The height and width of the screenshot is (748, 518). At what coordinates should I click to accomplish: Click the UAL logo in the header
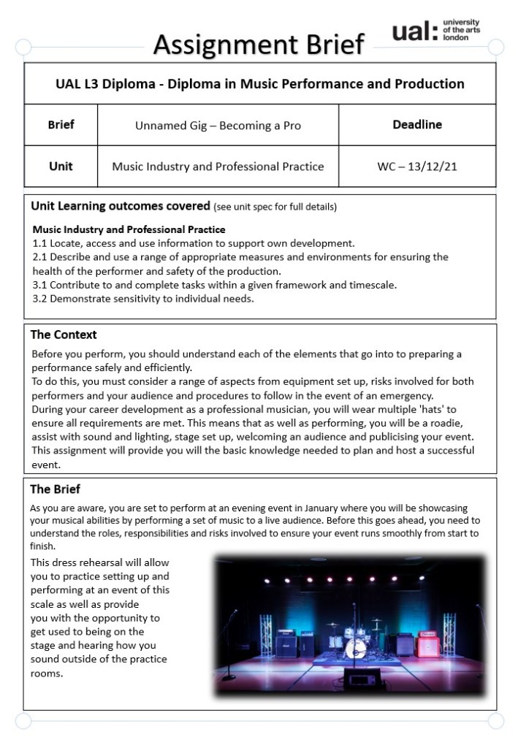(x=435, y=31)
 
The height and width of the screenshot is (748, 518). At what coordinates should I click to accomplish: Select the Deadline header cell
(x=417, y=125)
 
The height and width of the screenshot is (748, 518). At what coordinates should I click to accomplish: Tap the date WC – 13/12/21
(x=417, y=167)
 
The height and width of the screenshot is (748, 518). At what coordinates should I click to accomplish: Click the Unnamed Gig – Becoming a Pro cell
(x=218, y=126)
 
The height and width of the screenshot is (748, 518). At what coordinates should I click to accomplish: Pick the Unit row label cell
(x=61, y=167)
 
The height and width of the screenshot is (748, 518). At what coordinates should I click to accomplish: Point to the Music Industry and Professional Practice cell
(x=218, y=167)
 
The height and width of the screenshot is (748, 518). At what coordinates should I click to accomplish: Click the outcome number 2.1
(x=39, y=257)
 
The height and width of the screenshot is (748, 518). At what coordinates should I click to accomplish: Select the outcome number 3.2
(x=39, y=299)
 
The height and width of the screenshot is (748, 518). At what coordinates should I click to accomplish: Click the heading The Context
(x=64, y=335)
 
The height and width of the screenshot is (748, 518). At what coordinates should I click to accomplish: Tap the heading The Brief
(x=56, y=489)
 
